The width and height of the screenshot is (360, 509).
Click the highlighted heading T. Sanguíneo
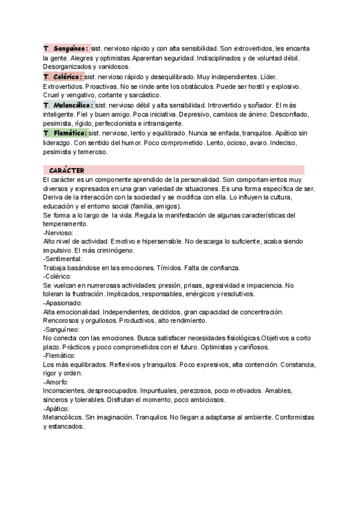[67, 48]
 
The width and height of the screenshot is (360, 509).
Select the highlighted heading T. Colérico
[63, 77]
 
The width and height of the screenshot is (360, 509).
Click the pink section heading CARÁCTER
[67, 170]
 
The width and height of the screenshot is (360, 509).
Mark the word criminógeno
[115, 250]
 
